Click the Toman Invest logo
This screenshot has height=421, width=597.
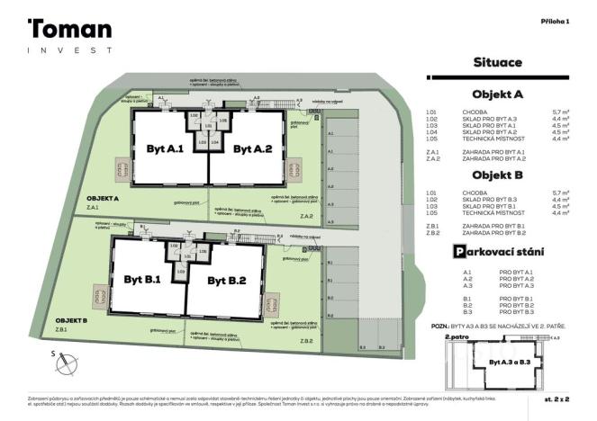point(69,36)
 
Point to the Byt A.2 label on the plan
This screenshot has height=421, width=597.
point(252,148)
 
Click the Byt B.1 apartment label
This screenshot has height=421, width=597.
point(141,280)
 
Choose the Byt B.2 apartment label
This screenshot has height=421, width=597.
point(227,281)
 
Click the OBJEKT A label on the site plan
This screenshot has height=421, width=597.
point(104,197)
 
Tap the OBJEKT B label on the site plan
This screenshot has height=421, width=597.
point(72,320)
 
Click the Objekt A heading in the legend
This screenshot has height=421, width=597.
point(497,94)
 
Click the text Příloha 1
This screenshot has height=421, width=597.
point(555,21)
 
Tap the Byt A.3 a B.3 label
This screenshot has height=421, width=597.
point(507,362)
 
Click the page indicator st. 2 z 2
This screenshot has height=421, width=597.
point(556,397)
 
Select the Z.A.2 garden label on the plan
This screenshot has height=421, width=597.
point(306,216)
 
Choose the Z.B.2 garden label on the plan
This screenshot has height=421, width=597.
point(306,341)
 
